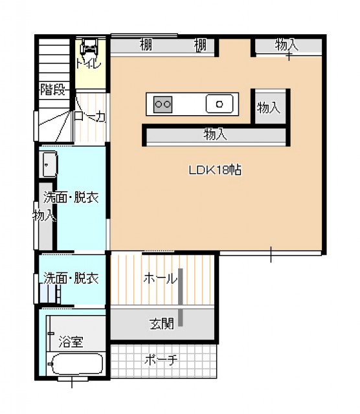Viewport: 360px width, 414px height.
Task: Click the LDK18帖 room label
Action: (215, 169)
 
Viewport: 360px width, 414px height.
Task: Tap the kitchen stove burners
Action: (163, 104)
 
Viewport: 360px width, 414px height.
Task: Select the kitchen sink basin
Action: (219, 103)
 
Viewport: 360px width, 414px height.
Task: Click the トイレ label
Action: (89, 64)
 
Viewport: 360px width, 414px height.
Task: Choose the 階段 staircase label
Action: (52, 89)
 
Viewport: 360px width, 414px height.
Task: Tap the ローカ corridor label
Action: (89, 116)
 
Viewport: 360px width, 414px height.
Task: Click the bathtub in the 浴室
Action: (77, 364)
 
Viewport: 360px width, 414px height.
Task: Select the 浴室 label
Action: (71, 342)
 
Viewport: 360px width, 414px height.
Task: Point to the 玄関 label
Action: (162, 323)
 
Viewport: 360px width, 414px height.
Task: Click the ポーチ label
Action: (161, 360)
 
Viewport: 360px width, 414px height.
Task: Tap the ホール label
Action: (160, 278)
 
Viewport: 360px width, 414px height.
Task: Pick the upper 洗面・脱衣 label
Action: (71, 197)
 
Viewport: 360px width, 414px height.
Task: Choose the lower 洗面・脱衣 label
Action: (71, 278)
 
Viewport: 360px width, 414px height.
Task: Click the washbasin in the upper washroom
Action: (49, 164)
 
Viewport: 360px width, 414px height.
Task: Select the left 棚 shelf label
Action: (146, 45)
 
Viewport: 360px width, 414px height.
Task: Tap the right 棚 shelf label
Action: (200, 45)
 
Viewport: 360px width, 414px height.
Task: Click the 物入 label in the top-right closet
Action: (286, 44)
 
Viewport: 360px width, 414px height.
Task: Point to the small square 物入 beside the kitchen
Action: (269, 107)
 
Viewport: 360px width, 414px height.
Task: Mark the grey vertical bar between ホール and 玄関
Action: (181, 298)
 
